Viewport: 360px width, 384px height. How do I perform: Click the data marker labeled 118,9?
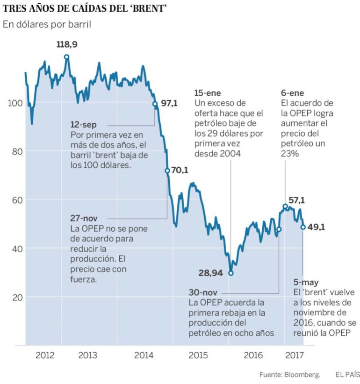pyautogui.click(x=66, y=57)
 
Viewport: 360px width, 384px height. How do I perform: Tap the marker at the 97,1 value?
pyautogui.click(x=155, y=104)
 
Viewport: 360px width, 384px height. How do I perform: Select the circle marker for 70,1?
pyautogui.click(x=167, y=171)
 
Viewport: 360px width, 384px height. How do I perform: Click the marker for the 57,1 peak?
pyautogui.click(x=285, y=206)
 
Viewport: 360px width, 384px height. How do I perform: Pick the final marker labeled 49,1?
pyautogui.click(x=302, y=227)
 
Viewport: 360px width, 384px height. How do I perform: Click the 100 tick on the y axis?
pyautogui.click(x=14, y=103)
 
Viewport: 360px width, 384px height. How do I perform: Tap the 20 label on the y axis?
pyautogui.click(x=15, y=297)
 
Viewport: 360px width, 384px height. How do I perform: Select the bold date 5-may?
pyautogui.click(x=306, y=282)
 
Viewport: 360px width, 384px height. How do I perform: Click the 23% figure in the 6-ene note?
pyautogui.click(x=290, y=154)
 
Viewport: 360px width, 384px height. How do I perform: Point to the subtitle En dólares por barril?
pyautogui.click(x=46, y=24)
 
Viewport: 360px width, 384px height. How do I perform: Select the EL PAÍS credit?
pyautogui.click(x=347, y=375)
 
